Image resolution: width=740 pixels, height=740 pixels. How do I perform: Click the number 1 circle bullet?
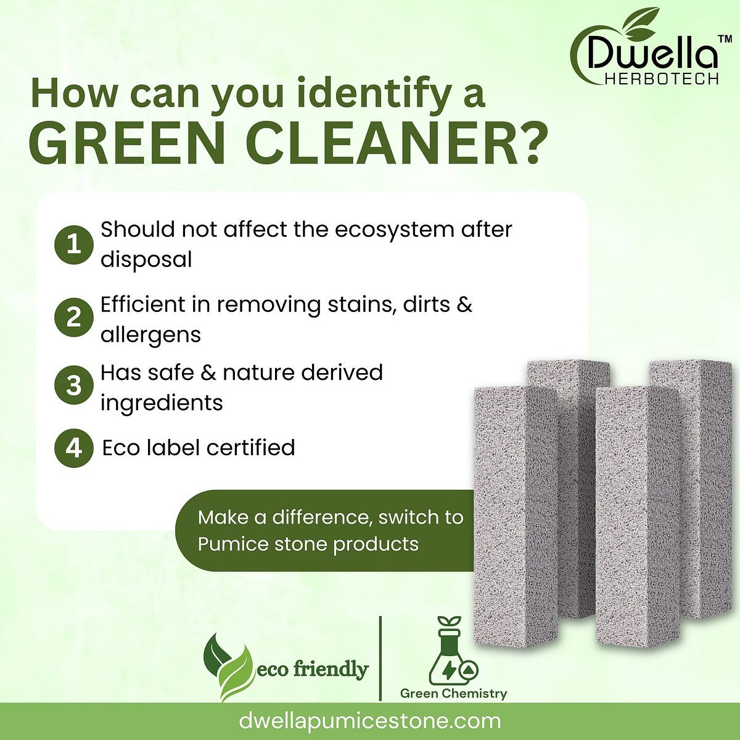pyautogui.click(x=74, y=245)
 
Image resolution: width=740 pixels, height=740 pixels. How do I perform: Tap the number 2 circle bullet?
pyautogui.click(x=74, y=319)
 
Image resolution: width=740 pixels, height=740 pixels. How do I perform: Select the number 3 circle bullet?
pyautogui.click(x=74, y=387)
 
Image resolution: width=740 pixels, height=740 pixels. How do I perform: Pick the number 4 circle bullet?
pyautogui.click(x=74, y=448)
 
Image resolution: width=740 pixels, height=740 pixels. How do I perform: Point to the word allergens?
pyautogui.click(x=150, y=335)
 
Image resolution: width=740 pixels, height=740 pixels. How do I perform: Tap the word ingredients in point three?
pyautogui.click(x=162, y=403)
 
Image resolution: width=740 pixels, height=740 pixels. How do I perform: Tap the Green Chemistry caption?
pyautogui.click(x=453, y=694)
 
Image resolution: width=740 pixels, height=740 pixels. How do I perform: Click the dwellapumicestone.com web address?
pyautogui.click(x=369, y=721)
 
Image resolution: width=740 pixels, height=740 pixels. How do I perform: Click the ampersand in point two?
pyautogui.click(x=465, y=305)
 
